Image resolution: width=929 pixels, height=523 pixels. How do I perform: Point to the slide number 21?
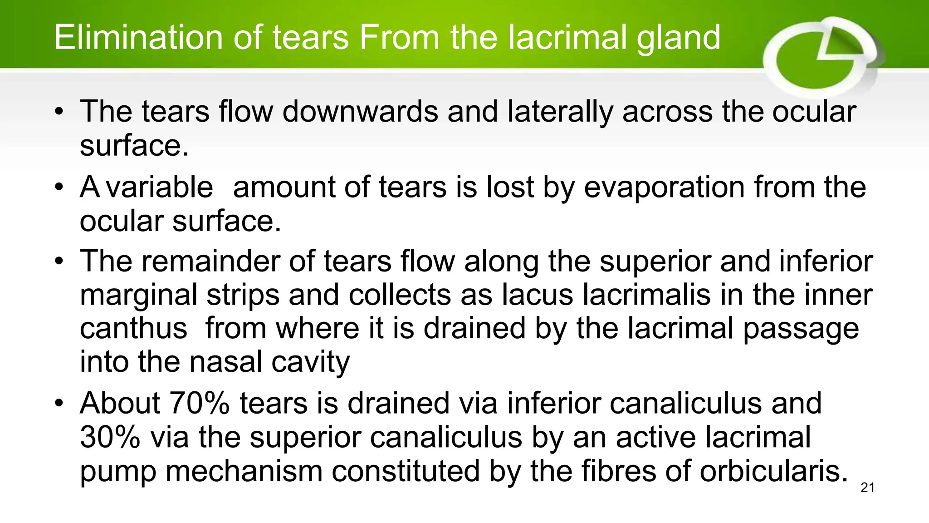[867, 488]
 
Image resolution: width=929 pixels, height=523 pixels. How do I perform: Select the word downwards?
[360, 112]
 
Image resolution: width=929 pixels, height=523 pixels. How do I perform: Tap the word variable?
[159, 187]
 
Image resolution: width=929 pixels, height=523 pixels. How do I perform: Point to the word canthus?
[133, 329]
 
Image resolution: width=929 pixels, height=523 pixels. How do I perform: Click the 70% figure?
[199, 403]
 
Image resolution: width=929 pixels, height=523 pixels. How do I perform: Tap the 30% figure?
[110, 437]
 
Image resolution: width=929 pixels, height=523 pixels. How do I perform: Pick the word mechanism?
[244, 471]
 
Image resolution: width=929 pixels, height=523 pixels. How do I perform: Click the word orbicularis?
[773, 471]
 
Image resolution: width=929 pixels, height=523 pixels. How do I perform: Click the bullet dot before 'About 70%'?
[59, 403]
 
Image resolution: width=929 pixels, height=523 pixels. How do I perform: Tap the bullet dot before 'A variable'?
[59, 187]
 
